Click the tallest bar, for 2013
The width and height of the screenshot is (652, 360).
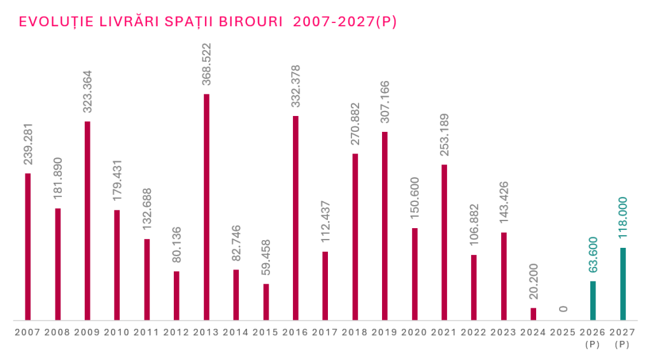click(x=206, y=206)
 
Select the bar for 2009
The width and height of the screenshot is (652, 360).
click(x=87, y=220)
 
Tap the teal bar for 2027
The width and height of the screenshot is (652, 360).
click(x=623, y=284)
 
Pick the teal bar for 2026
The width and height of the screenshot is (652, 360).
click(x=593, y=300)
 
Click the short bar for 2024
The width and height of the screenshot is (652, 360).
click(x=534, y=313)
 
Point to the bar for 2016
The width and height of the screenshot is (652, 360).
click(x=295, y=217)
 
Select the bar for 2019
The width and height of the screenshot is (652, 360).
click(x=385, y=226)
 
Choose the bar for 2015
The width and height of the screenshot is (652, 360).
click(x=266, y=301)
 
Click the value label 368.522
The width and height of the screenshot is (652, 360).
click(x=206, y=66)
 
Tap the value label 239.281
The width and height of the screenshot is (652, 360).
click(x=28, y=145)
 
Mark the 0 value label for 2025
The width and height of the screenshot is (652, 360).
click(x=563, y=309)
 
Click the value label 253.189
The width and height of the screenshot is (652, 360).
click(x=444, y=137)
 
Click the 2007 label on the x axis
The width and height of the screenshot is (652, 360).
click(x=27, y=333)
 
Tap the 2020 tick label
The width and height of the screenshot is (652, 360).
click(x=415, y=333)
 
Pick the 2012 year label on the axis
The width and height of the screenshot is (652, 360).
click(x=176, y=333)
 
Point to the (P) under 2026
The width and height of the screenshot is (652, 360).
click(x=593, y=345)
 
